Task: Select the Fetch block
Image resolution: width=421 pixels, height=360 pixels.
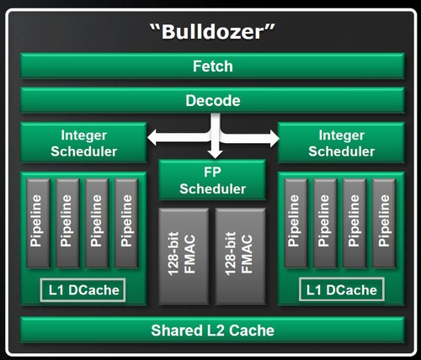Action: click(210, 66)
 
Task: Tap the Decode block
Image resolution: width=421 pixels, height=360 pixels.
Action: click(210, 100)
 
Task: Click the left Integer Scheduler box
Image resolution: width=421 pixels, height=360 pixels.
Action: click(83, 142)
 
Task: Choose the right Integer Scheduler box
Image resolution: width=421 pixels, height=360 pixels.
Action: click(338, 142)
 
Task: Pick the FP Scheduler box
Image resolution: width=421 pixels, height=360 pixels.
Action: click(211, 179)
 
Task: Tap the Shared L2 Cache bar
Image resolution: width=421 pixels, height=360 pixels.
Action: click(210, 330)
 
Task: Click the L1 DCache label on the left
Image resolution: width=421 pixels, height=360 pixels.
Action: click(83, 291)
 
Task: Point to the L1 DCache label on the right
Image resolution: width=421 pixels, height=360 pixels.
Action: click(339, 291)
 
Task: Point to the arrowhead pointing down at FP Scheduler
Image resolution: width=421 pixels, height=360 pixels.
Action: click(216, 153)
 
